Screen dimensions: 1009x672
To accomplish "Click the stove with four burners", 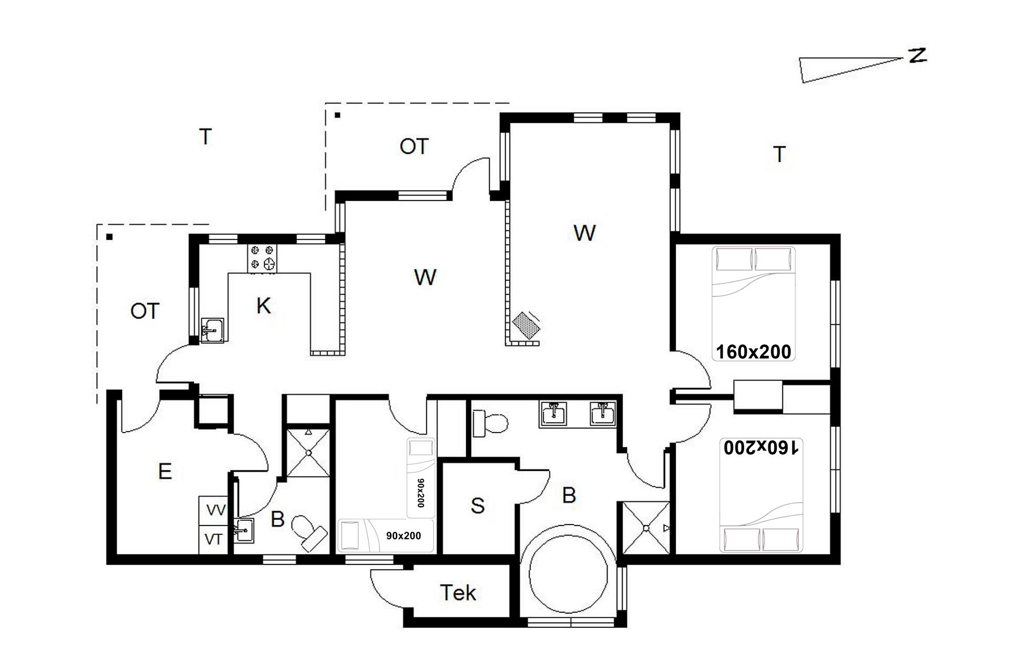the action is coord(262,259).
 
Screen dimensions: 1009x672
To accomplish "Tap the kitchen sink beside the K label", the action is coord(212,330).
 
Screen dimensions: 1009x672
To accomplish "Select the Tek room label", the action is coord(458,593).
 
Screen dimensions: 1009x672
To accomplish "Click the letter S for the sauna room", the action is coord(478,506).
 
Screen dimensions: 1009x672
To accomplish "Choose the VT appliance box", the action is coord(213,539).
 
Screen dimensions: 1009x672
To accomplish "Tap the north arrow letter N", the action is coord(918,56).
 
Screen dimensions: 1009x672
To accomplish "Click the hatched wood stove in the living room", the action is coord(527,325).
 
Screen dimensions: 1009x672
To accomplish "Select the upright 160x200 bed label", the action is coord(754,352).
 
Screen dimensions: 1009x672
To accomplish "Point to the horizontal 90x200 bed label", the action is coord(404,536).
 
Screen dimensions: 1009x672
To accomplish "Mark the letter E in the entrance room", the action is coord(165,471).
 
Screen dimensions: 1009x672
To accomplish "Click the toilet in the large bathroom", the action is coord(490,423).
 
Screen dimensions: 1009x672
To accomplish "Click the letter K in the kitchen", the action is coord(264,306).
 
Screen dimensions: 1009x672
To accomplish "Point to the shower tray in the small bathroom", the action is coord(308,453).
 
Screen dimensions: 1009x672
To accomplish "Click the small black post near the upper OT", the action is coord(338,115).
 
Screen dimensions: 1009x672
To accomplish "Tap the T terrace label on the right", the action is coord(779,154).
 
